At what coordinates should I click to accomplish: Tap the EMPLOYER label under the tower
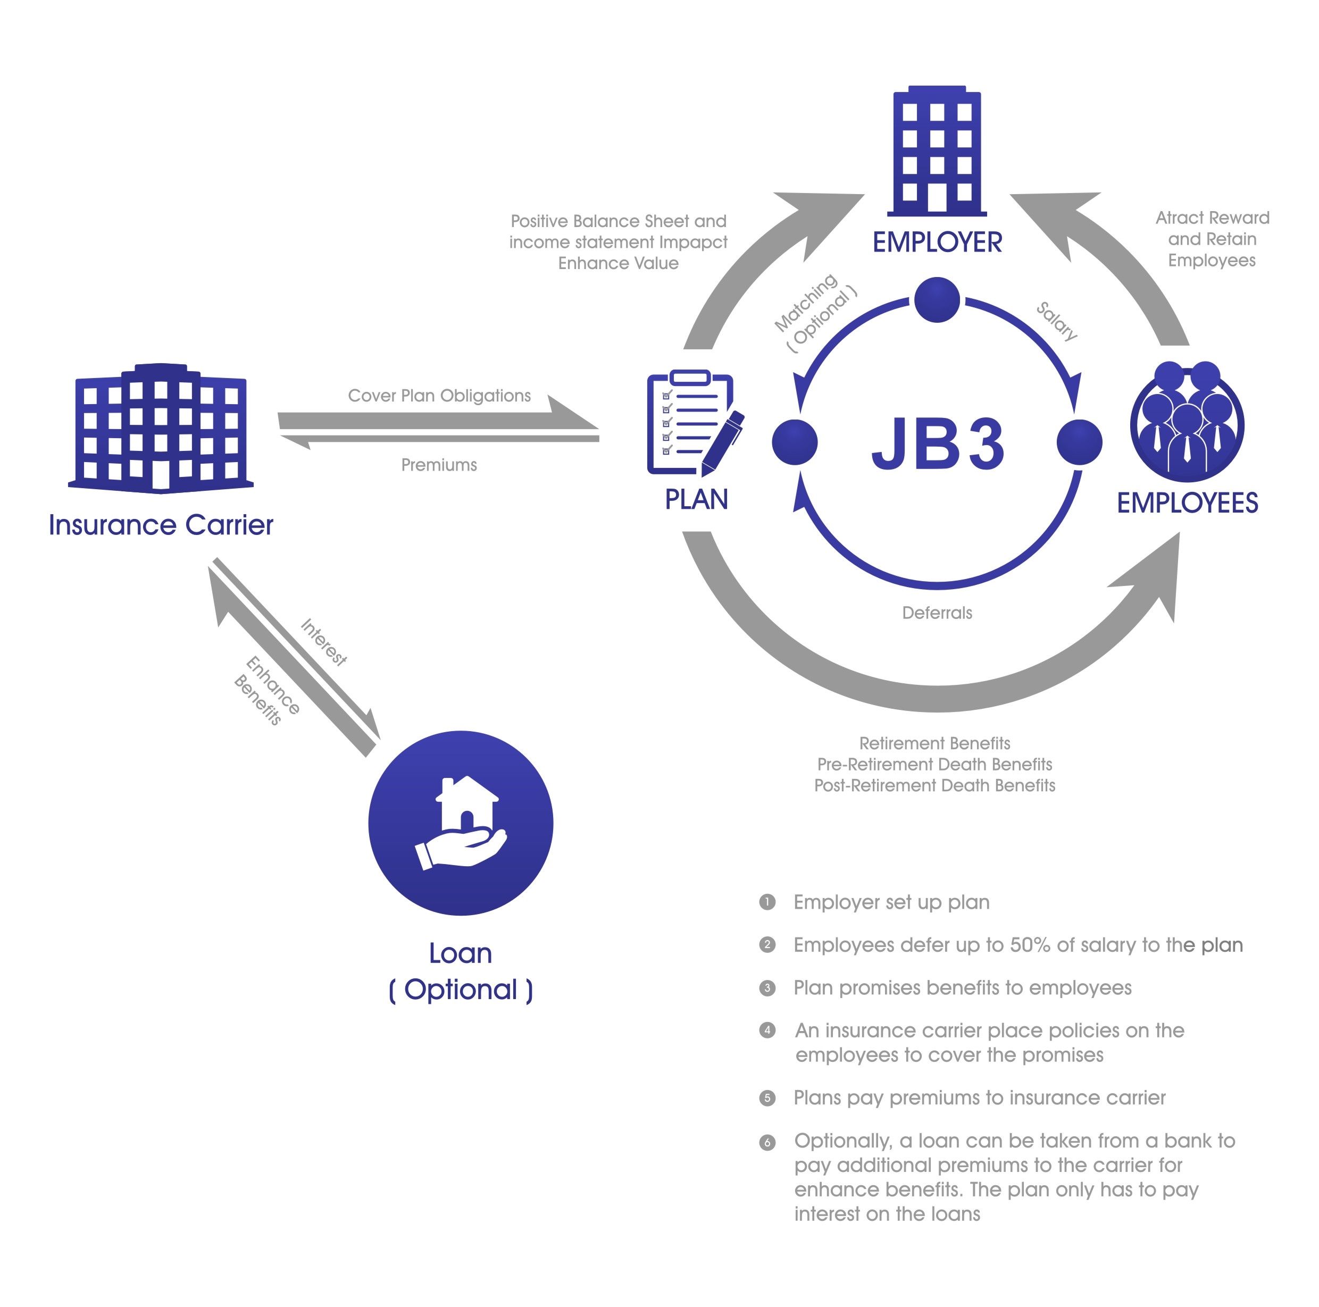[x=937, y=242]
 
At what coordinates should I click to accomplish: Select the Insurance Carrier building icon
[x=161, y=428]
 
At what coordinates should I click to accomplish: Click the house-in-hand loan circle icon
[x=461, y=823]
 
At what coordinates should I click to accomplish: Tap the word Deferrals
[x=937, y=613]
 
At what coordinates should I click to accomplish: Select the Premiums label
[x=439, y=465]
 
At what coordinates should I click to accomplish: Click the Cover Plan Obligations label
[x=439, y=396]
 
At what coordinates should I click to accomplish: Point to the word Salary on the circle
[x=1056, y=321]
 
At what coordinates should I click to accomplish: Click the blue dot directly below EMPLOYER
[x=937, y=299]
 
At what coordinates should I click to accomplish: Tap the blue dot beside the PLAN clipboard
[x=795, y=442]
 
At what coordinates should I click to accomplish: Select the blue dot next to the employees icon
[x=1079, y=442]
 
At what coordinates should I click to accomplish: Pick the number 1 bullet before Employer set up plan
[x=767, y=902]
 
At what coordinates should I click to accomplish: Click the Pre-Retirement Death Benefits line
[x=934, y=765]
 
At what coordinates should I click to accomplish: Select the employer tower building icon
[x=937, y=150]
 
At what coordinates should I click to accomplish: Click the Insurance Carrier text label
[x=161, y=525]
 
